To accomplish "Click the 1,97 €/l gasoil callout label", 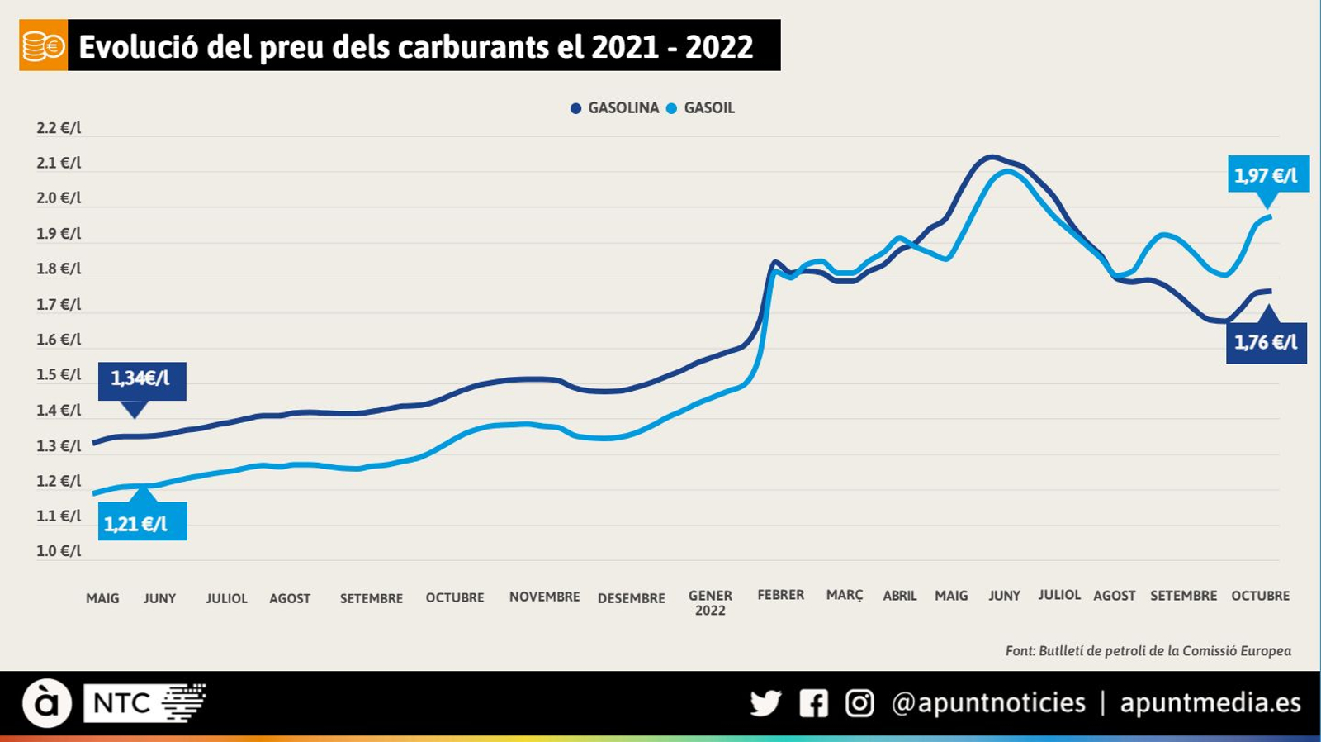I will (x=1267, y=174).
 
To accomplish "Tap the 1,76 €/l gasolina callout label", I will (x=1266, y=342).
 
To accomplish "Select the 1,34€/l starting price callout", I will (x=141, y=378).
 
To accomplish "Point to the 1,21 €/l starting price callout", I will (x=141, y=523).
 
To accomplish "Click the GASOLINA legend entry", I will (x=615, y=108).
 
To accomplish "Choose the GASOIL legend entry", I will (x=701, y=108).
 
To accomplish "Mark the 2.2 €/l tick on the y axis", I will (x=59, y=128).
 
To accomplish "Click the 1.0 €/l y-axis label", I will (x=59, y=551).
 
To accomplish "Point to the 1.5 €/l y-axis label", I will (x=59, y=374).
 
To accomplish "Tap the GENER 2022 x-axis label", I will (x=710, y=602).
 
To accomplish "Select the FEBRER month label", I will (x=780, y=595).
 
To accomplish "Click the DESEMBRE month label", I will (x=631, y=598).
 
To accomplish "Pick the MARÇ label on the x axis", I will (x=844, y=595).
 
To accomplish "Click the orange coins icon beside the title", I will (x=43, y=46).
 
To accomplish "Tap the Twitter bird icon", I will (x=765, y=703).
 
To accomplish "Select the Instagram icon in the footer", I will (x=859, y=703).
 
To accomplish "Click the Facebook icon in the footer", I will (x=813, y=703).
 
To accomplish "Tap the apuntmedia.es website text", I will (x=1210, y=703).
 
